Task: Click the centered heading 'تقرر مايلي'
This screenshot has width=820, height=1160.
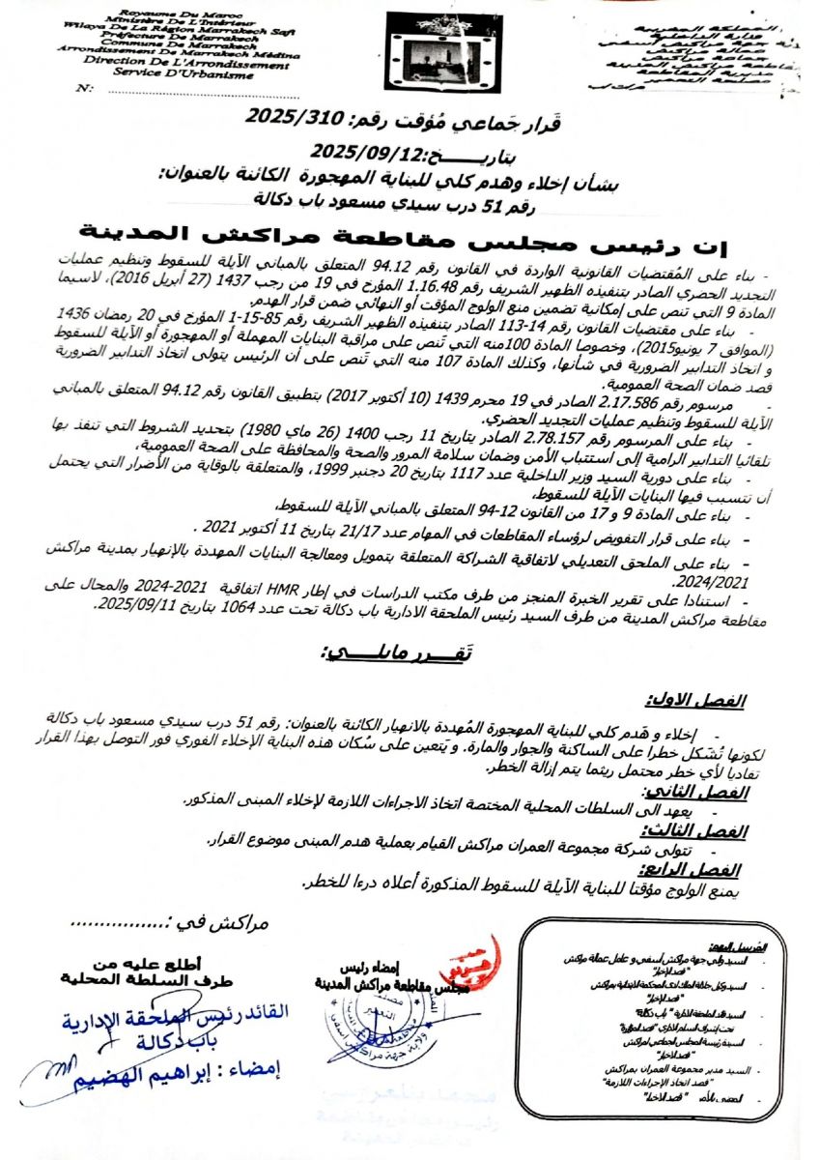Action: (x=396, y=653)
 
